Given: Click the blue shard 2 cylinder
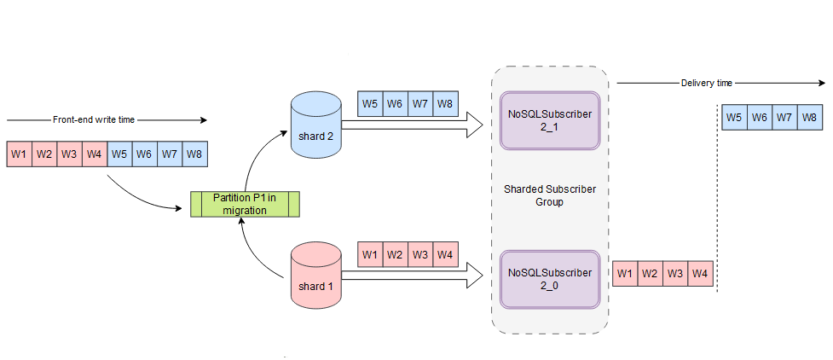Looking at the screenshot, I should (x=315, y=127).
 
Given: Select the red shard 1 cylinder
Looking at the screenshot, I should (x=316, y=273).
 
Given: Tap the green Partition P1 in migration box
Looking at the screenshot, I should (x=245, y=205).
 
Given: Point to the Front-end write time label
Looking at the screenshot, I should (x=94, y=120).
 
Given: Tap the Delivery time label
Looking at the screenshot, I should (x=707, y=83).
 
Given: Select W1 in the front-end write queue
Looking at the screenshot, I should (x=19, y=154).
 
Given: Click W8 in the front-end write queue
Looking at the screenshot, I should (x=194, y=154).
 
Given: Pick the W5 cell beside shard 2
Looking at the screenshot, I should (x=370, y=103).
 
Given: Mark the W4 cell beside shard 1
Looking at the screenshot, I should (x=444, y=254).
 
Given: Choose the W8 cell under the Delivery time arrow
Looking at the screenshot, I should (x=810, y=118).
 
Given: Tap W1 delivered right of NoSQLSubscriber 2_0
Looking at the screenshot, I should (x=625, y=274).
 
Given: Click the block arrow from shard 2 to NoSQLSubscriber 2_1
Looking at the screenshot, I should (x=409, y=127).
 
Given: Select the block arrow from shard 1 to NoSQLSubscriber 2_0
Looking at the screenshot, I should (x=409, y=275).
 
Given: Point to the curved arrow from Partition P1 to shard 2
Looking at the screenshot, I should (x=256, y=154).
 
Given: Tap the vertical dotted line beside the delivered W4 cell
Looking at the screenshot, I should (x=717, y=213).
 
